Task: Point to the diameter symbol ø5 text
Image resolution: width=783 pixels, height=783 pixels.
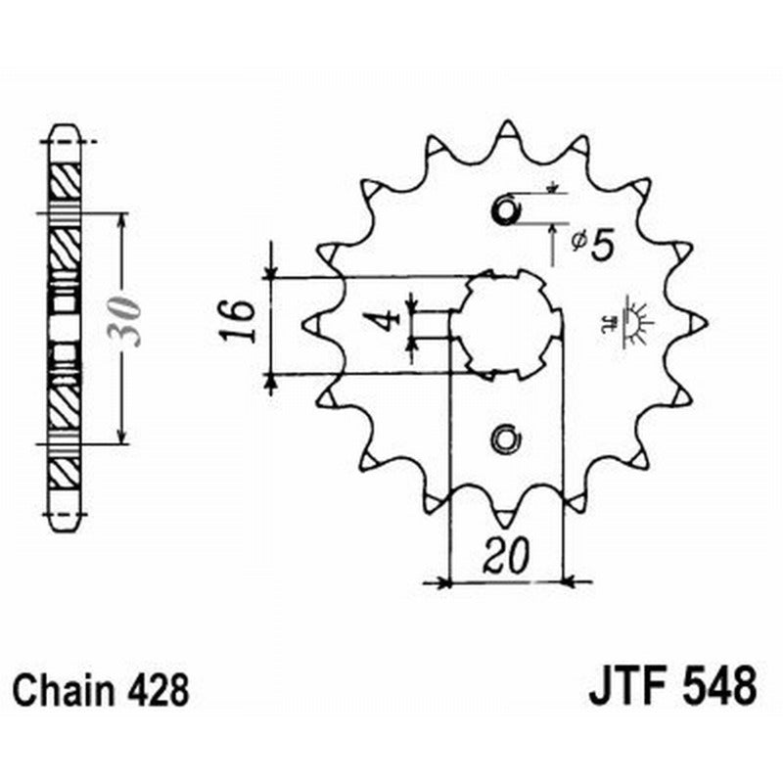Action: (591, 242)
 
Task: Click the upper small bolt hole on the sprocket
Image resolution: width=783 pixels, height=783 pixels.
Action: (505, 210)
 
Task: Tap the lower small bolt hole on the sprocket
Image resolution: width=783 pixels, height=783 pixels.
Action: (505, 439)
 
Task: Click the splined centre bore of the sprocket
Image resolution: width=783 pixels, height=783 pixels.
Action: (506, 324)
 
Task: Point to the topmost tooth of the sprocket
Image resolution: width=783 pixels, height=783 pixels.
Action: (506, 130)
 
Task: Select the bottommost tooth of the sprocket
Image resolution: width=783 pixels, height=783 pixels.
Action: (506, 515)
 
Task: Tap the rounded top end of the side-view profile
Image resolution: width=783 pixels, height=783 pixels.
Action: (65, 129)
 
